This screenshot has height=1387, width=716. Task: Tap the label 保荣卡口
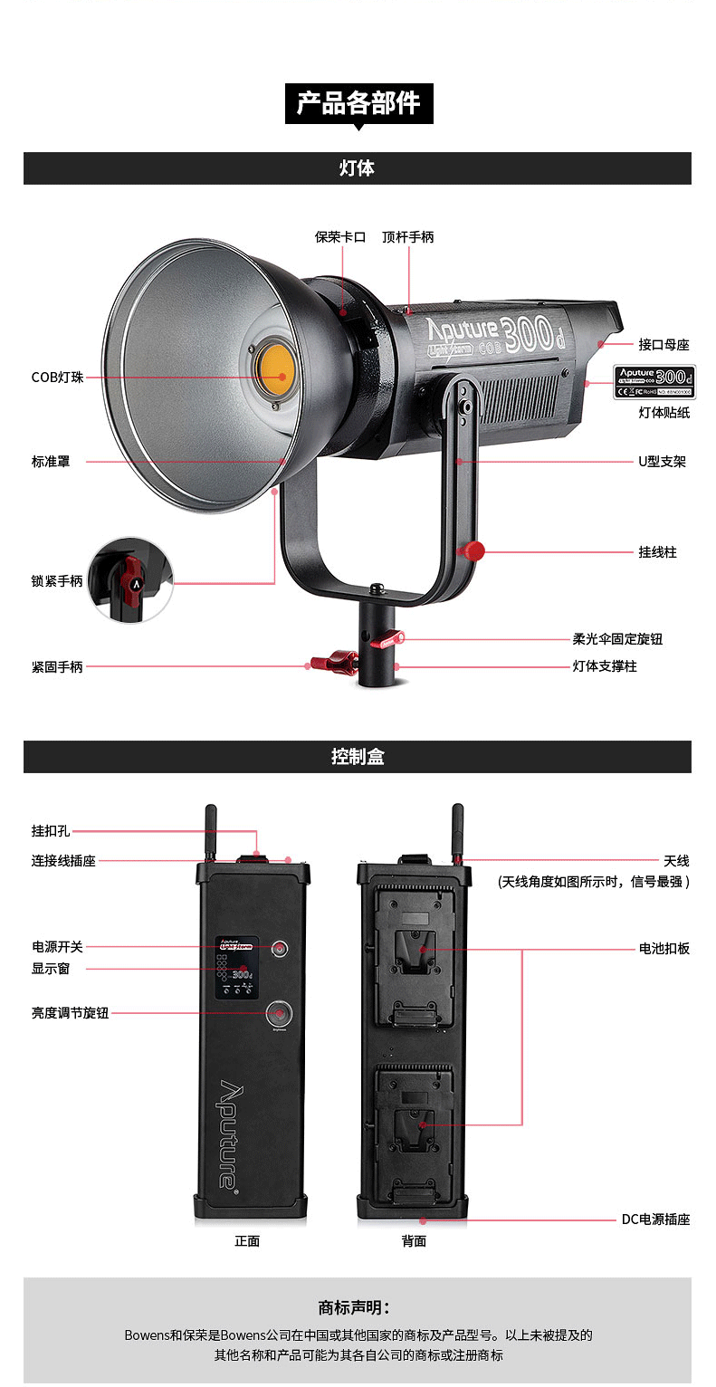pos(339,237)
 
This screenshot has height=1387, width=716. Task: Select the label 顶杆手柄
pos(407,237)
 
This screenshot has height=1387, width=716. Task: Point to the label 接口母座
pos(663,345)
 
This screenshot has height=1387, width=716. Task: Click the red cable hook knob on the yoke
pos(471,550)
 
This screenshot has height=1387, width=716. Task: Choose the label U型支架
pos(661,462)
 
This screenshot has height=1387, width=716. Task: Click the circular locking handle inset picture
pos(130,579)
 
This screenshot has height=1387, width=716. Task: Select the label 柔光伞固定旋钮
pos(617,639)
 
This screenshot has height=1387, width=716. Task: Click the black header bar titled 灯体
pos(357,168)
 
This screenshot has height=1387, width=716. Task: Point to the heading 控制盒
pos(357,757)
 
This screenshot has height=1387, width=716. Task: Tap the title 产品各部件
pos(358,103)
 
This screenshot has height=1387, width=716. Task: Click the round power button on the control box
pos(281,949)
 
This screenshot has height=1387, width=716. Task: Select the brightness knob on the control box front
pos(279,1013)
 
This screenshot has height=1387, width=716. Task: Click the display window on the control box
pos(237,967)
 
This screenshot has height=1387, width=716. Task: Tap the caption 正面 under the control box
pos(247,1241)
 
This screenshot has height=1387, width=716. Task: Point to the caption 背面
pos(414,1241)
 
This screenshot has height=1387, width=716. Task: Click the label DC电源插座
pos(655,1220)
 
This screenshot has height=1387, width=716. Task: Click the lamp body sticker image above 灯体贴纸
pos(653,380)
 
